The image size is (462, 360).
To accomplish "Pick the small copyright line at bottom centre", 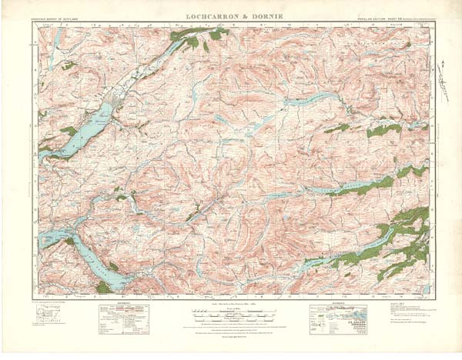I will [230, 338].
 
